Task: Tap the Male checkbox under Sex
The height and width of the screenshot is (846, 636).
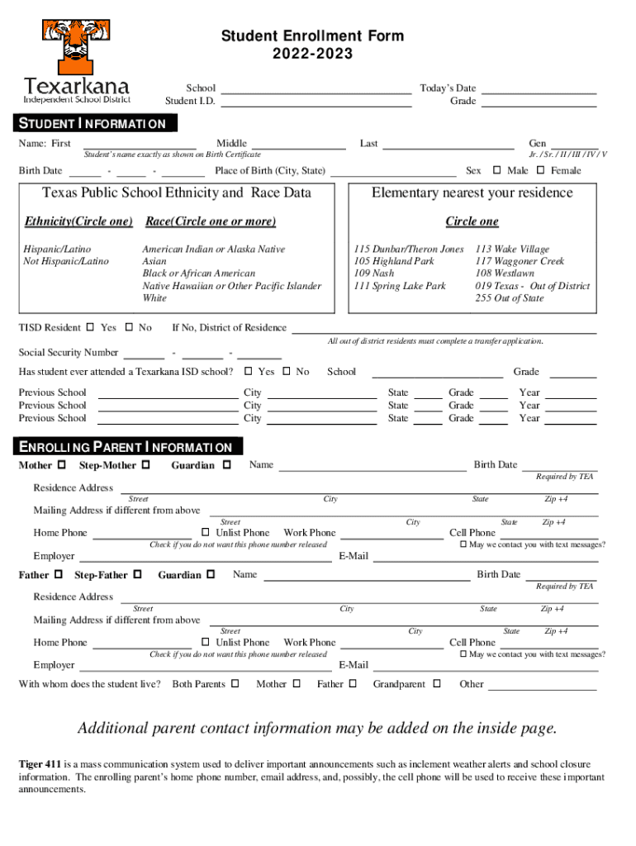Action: tap(496, 170)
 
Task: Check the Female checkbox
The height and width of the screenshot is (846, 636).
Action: tap(540, 170)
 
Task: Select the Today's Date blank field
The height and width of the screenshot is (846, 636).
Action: tap(539, 88)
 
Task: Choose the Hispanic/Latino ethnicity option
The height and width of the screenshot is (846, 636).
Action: tap(57, 249)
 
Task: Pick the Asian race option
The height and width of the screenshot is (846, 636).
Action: tap(154, 261)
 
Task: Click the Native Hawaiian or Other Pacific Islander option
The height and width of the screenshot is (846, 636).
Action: tap(231, 286)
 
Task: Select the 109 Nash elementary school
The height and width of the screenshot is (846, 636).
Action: tap(373, 273)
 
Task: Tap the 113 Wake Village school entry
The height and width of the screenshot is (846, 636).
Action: tap(511, 249)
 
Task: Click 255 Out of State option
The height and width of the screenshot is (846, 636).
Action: tap(509, 298)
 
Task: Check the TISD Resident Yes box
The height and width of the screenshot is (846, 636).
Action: tap(90, 327)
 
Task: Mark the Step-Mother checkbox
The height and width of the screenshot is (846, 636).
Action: tap(146, 465)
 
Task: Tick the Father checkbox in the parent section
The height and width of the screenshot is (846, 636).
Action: tap(58, 574)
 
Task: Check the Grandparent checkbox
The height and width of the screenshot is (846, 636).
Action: tap(437, 683)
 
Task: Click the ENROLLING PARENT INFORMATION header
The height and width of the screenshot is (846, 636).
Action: tap(131, 447)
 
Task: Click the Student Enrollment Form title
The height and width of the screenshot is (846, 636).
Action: tap(311, 36)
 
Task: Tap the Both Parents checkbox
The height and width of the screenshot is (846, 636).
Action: tap(235, 683)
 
